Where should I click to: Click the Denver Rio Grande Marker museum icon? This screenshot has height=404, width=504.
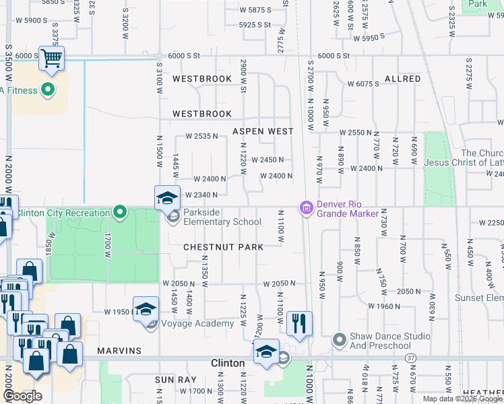[x=307, y=208]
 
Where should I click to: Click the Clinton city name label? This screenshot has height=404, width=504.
[x=228, y=363]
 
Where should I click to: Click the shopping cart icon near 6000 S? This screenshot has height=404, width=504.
[x=51, y=59]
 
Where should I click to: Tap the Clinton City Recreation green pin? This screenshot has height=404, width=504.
[x=120, y=213]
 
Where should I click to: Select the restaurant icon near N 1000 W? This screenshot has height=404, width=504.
[x=299, y=324]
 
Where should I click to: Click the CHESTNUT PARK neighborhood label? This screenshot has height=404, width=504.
[x=224, y=247]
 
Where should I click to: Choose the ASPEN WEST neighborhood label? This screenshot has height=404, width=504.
[x=263, y=131]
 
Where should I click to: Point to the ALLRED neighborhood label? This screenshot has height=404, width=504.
[x=402, y=79]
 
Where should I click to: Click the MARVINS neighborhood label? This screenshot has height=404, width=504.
[x=119, y=351]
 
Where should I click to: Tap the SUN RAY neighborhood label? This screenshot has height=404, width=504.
[x=175, y=380]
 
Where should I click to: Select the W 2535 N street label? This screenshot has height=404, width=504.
[x=203, y=136]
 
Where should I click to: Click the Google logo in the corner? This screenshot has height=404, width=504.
[x=22, y=396]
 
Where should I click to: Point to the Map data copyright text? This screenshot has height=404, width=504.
[x=462, y=399]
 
